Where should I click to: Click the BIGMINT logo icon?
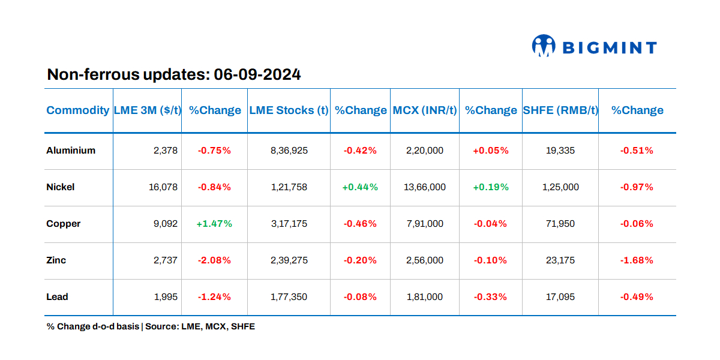click(544, 46)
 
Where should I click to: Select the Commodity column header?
click(78, 110)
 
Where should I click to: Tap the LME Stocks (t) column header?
click(289, 110)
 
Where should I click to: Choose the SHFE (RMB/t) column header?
click(560, 110)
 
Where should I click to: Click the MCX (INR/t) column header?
click(425, 110)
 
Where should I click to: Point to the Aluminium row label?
click(71, 151)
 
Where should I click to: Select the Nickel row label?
click(61, 187)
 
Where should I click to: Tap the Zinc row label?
click(56, 260)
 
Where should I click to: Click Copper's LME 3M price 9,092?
click(166, 224)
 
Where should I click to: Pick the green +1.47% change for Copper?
click(214, 224)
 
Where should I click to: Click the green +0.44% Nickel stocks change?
click(360, 187)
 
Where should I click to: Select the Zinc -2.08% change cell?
click(214, 260)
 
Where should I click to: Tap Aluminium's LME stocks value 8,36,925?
click(289, 151)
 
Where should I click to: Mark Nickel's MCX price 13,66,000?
click(425, 187)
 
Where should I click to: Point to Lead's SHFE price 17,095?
click(560, 297)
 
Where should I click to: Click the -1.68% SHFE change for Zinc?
click(637, 260)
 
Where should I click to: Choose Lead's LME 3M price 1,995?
click(166, 297)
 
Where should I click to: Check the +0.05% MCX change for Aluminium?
click(490, 151)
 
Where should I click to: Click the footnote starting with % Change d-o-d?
click(151, 327)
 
